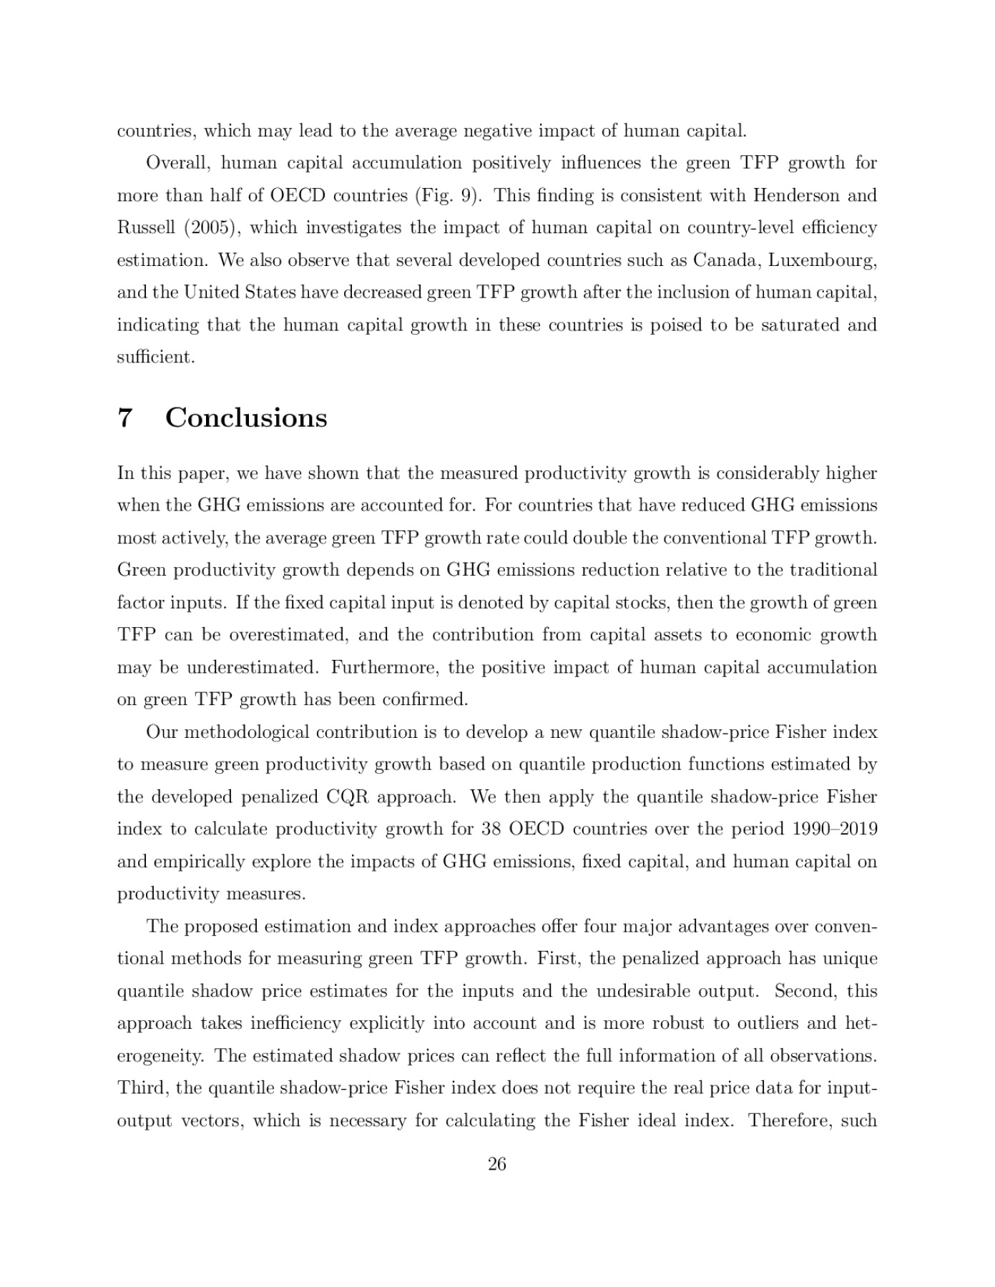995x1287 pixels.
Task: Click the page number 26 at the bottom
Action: click(496, 1165)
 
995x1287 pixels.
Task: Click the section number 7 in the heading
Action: click(124, 418)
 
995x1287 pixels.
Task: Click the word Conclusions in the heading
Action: click(246, 418)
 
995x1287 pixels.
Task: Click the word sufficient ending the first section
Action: click(155, 357)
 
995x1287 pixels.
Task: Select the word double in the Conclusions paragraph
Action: click(602, 538)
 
